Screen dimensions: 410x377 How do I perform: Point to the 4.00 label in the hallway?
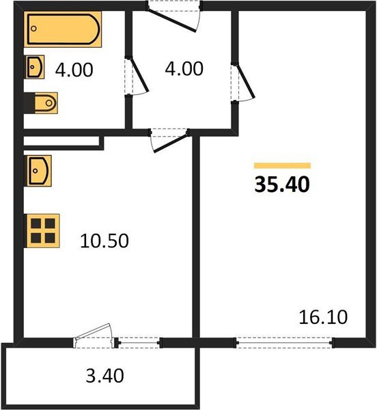(x=184, y=69)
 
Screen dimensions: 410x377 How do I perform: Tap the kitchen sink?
(x=37, y=169)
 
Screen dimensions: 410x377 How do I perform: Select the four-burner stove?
(x=42, y=230)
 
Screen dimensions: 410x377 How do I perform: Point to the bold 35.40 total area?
(x=281, y=185)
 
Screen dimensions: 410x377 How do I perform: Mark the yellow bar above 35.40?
(x=281, y=165)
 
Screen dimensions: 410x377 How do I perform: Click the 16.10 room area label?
(x=324, y=317)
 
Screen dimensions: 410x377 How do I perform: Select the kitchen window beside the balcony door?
(x=139, y=342)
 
